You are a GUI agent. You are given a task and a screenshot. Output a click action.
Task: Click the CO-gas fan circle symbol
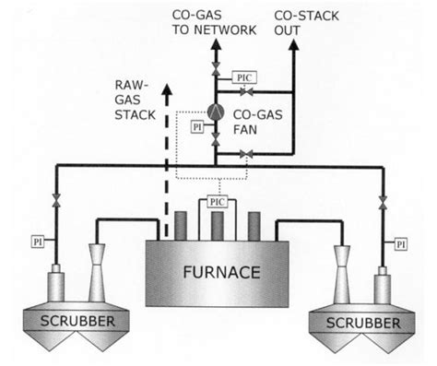pos(215,112)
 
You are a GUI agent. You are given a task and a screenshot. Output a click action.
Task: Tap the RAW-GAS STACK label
pos(134,98)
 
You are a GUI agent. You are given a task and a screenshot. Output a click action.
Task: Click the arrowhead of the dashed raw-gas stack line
pos(167,89)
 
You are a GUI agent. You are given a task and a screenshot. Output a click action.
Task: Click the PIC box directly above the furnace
pos(218,199)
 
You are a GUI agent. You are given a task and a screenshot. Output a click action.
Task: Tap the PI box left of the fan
pos(195,125)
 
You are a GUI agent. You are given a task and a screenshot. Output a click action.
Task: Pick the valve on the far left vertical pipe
pos(56,199)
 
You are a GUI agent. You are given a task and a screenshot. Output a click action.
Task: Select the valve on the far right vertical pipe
pos(380,200)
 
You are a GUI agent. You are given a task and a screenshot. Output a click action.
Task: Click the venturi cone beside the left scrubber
pos(98,264)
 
